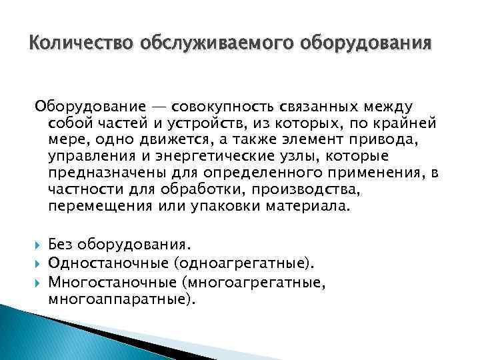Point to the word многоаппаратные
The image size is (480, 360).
point(121,299)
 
